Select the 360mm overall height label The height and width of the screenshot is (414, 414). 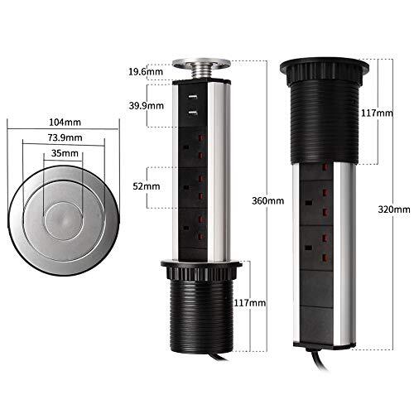coord(269,200)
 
